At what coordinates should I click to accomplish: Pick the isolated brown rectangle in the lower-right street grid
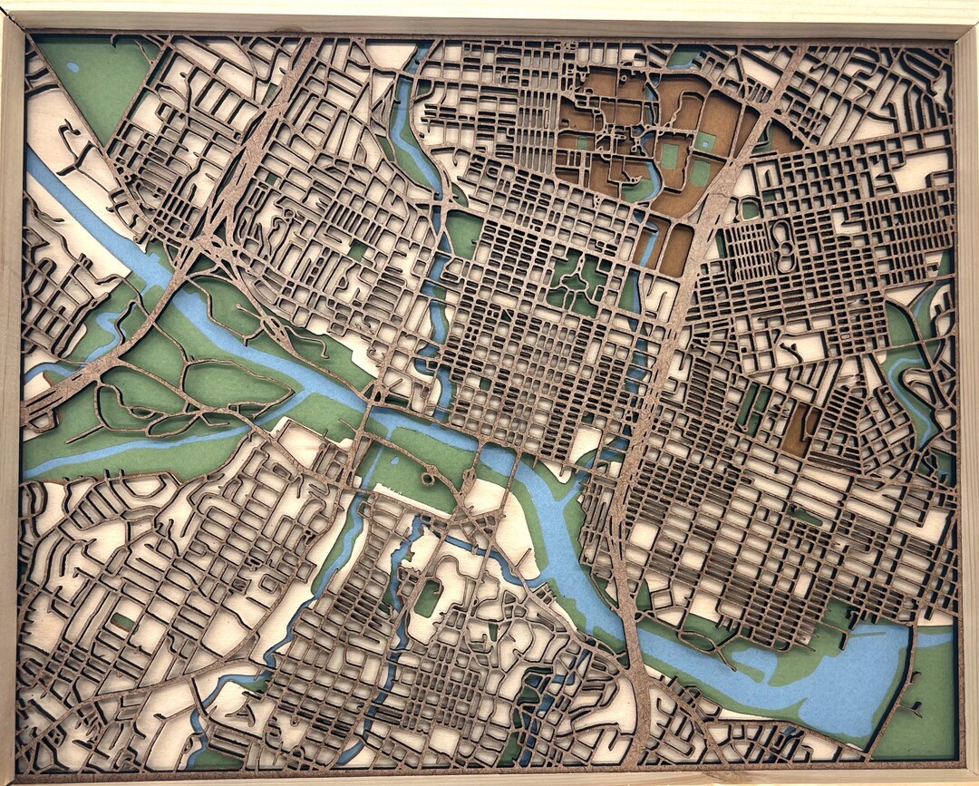(799, 430)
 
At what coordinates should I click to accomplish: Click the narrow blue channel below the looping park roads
(136, 449)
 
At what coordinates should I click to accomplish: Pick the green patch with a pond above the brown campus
(684, 59)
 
